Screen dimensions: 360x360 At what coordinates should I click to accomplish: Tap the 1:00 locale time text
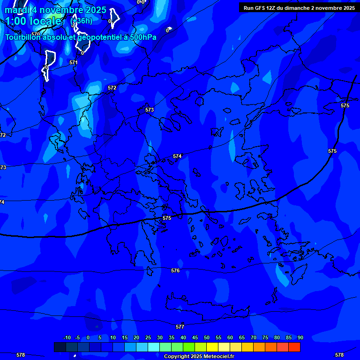[33, 21]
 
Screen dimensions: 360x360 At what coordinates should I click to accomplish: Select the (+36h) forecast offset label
[81, 21]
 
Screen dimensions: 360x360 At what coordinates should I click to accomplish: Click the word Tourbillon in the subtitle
[22, 37]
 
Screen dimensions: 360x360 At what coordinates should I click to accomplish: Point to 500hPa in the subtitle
[145, 37]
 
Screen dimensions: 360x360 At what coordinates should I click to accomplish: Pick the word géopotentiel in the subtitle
[98, 37]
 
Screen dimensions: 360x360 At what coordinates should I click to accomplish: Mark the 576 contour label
[175, 270]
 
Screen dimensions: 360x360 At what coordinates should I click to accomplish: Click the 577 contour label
[180, 327]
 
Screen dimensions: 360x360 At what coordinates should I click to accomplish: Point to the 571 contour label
[74, 62]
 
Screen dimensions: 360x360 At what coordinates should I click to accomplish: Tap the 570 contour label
[36, 34]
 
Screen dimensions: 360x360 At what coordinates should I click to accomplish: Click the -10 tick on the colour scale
[67, 337]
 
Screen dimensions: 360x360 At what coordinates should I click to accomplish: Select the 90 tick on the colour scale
[300, 337]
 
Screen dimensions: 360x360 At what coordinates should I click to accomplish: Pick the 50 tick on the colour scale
[207, 337]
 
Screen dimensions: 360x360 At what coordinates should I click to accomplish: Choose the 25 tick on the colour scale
[148, 337]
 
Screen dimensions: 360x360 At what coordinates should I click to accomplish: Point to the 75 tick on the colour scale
[265, 337]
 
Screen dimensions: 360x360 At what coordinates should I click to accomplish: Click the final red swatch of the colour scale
[294, 347]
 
